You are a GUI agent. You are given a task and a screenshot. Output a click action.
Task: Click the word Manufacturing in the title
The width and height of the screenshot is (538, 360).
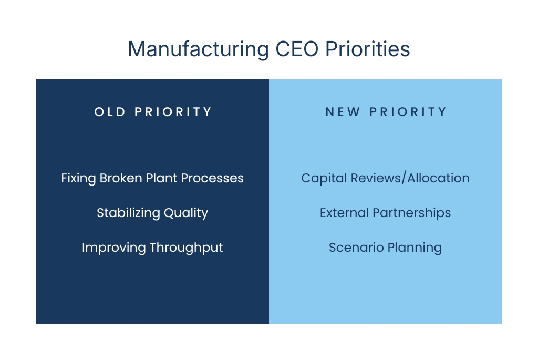[x=198, y=49]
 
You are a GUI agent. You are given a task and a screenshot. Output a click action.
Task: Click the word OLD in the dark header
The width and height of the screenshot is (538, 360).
[x=110, y=112]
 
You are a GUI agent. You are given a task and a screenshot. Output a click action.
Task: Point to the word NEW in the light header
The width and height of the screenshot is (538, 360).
[x=343, y=112]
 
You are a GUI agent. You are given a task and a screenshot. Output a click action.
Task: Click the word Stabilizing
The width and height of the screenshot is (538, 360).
[x=127, y=213]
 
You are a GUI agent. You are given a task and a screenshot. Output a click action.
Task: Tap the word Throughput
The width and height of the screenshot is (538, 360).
[x=187, y=248]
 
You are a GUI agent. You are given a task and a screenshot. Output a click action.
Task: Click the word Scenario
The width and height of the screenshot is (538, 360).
[x=352, y=248]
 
